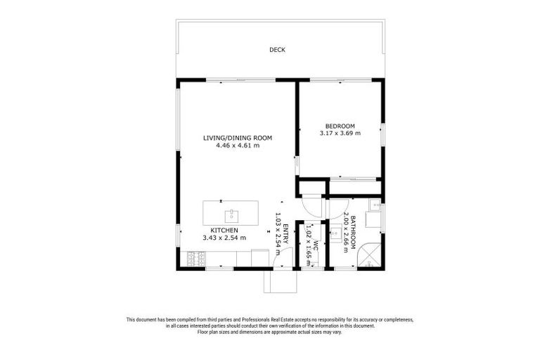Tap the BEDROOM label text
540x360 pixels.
point(340,126)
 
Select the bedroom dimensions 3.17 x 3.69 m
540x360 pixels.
point(340,133)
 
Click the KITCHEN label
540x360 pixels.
point(224,231)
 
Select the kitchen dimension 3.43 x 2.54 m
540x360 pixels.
point(224,238)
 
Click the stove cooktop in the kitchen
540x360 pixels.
point(196,259)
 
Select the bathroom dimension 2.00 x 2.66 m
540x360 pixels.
point(346,232)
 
